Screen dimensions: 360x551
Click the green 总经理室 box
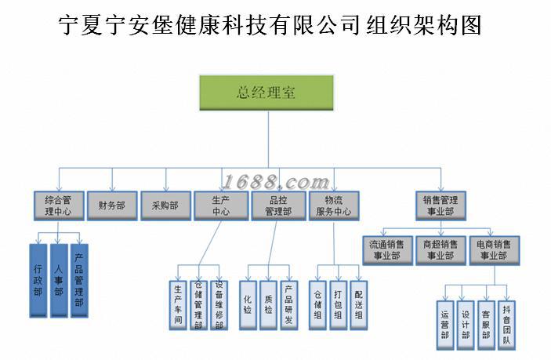click(x=266, y=93)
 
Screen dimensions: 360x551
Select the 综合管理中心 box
click(x=58, y=205)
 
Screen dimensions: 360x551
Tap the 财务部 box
click(x=112, y=205)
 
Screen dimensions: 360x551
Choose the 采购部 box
click(x=165, y=205)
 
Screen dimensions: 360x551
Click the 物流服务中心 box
click(x=333, y=205)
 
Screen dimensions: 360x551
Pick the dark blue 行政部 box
click(x=38, y=279)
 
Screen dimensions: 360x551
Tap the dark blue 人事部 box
click(x=58, y=279)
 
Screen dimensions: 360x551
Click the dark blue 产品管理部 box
click(x=78, y=279)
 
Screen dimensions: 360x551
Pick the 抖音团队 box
click(x=506, y=322)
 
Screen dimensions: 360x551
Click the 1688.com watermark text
click(x=276, y=183)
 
